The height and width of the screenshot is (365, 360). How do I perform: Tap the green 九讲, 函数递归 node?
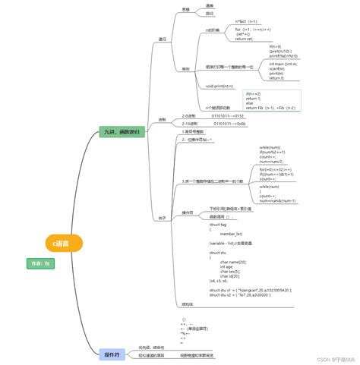(x=124, y=132)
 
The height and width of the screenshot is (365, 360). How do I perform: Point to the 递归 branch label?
(x=162, y=39)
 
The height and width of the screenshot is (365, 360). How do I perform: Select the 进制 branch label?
(x=162, y=119)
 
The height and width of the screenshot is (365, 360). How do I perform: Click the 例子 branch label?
(x=162, y=218)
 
